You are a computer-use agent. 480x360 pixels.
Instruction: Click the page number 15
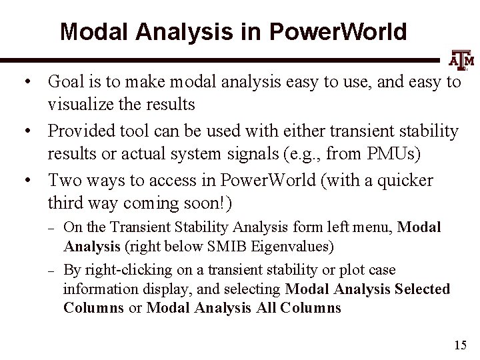pos(459,345)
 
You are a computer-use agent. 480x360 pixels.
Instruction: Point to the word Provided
pos(77,131)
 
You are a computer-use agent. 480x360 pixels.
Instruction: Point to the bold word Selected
pos(422,289)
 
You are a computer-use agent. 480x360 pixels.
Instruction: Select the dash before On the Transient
pos(52,227)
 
